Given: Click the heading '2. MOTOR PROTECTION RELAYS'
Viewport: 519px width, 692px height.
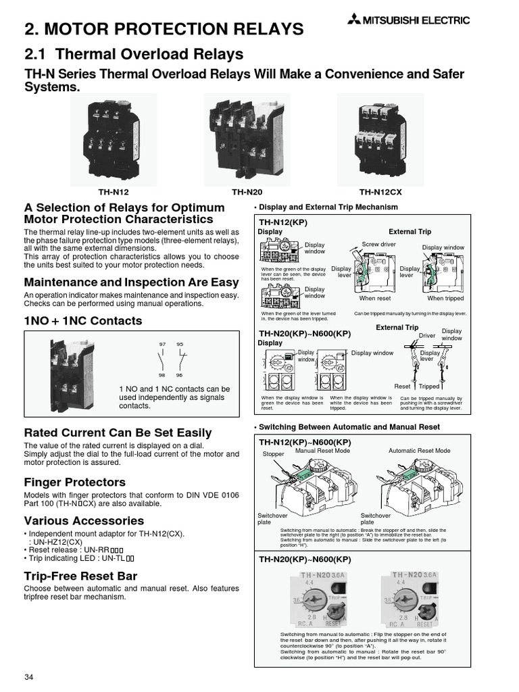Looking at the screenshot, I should click(164, 28).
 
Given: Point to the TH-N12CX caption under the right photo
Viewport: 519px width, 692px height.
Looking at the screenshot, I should click(380, 192).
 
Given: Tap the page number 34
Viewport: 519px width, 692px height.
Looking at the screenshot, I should click(29, 678).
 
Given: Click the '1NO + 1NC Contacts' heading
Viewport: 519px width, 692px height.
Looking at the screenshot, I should click(83, 321).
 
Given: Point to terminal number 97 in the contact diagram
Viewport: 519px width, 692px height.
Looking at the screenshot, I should click(162, 345).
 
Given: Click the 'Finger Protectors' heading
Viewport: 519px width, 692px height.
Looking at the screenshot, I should click(75, 483).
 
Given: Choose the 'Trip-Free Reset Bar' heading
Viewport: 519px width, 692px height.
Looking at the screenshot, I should click(80, 576).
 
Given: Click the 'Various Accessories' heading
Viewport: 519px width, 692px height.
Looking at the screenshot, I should click(84, 521).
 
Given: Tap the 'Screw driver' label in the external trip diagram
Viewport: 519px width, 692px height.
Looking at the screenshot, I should click(378, 243).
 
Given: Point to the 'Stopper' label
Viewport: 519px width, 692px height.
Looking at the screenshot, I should click(274, 455).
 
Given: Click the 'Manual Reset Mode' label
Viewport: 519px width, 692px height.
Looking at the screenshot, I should click(320, 450).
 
